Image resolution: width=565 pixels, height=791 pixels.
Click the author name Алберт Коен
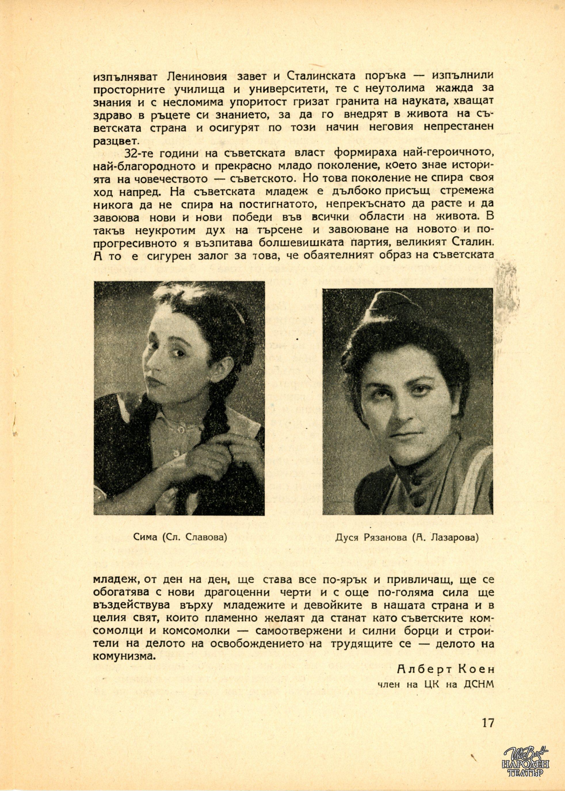click(445, 669)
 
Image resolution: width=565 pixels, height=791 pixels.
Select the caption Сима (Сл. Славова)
click(180, 537)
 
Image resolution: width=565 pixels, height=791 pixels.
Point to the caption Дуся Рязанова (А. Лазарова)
click(407, 537)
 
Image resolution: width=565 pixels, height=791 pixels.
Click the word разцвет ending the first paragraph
click(115, 141)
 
